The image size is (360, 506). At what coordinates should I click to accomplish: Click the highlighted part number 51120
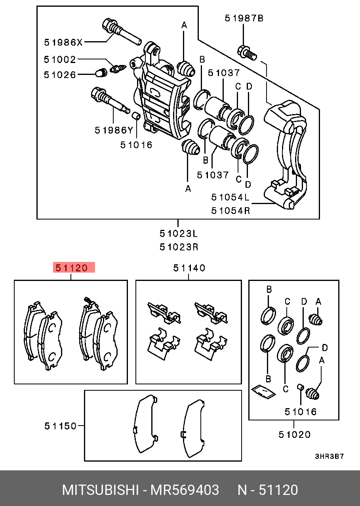pyautogui.click(x=74, y=268)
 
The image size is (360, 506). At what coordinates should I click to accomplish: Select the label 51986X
pyautogui.click(x=63, y=42)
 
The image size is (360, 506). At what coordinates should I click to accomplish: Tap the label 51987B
pyautogui.click(x=244, y=18)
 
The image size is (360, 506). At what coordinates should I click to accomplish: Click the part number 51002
pyautogui.click(x=60, y=59)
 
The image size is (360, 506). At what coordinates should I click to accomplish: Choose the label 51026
pyautogui.click(x=60, y=74)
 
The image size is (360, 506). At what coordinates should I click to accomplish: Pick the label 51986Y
pyautogui.click(x=114, y=130)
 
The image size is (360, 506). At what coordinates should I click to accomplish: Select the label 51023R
pyautogui.click(x=179, y=247)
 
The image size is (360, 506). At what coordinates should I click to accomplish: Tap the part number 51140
pyautogui.click(x=189, y=268)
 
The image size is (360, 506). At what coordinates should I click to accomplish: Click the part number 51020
pyautogui.click(x=294, y=435)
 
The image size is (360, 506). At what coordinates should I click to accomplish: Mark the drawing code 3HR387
pyautogui.click(x=329, y=456)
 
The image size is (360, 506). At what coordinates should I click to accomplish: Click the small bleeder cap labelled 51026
pyautogui.click(x=102, y=73)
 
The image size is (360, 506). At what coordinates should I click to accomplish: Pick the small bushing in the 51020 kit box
pyautogui.click(x=300, y=387)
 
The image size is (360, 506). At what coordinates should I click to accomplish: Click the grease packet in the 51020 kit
pyautogui.click(x=263, y=391)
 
